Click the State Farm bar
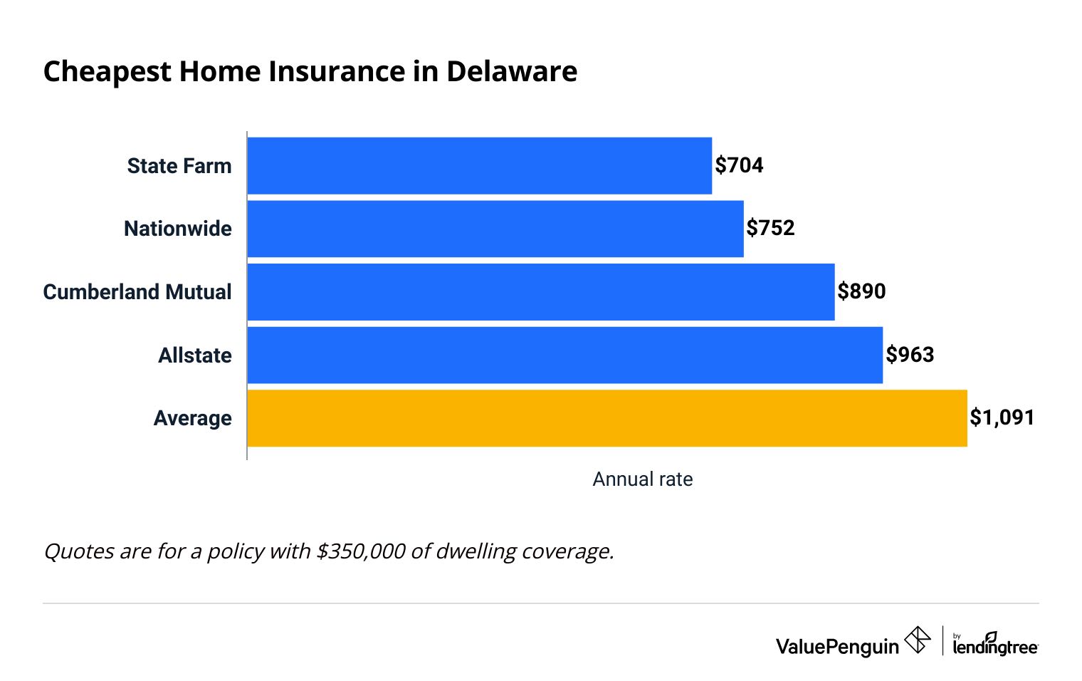479,165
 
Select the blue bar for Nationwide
495,229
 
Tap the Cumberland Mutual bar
540,292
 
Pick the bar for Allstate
564,355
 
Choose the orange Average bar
606,418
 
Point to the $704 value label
739,165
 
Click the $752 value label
770,228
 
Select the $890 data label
861,291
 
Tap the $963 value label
910,355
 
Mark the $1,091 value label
1002,417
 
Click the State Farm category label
179,166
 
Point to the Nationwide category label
177,229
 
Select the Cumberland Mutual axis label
137,292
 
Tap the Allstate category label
195,355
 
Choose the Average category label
192,418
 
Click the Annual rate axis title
642,479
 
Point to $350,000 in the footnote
361,551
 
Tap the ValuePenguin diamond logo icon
917,640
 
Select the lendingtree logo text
995,646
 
